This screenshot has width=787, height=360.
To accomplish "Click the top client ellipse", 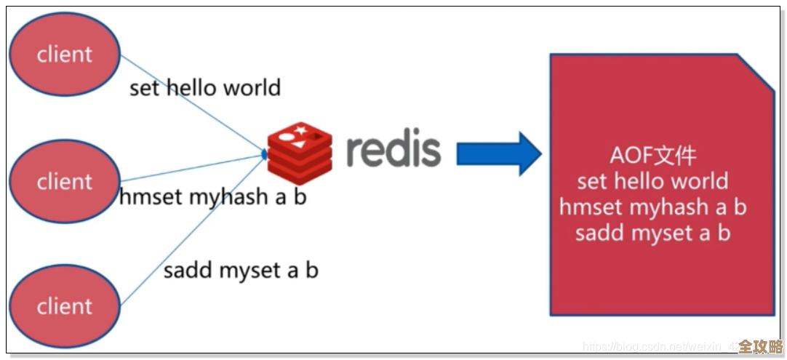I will point(65,55).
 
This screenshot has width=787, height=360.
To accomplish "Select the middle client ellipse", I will point(65,180).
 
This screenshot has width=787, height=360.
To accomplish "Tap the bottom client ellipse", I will point(65,306).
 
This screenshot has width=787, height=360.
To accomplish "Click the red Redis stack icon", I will point(299,152).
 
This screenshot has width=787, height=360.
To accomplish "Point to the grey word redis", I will point(393,149).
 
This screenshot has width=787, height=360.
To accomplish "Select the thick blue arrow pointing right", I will point(498,153).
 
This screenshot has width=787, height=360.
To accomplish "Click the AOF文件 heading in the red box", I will point(652,156).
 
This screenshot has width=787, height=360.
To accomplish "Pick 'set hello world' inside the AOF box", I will point(652,181).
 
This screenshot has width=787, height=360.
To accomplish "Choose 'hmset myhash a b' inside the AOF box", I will point(652,207).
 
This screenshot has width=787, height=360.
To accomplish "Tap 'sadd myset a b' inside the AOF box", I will point(652,233).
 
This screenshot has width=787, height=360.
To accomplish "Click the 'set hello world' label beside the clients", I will point(204,88).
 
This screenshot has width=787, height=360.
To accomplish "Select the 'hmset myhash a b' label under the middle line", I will point(212,197).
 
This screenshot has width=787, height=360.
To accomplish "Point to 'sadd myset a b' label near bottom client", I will point(241,271).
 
